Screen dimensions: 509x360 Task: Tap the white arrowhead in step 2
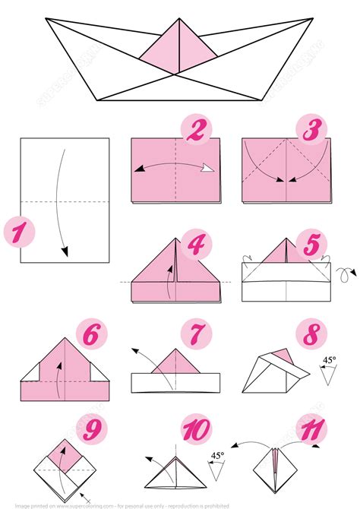pos(207,170)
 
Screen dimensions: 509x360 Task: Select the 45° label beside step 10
pos(217,456)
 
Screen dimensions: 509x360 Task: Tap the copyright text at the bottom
pos(180,504)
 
